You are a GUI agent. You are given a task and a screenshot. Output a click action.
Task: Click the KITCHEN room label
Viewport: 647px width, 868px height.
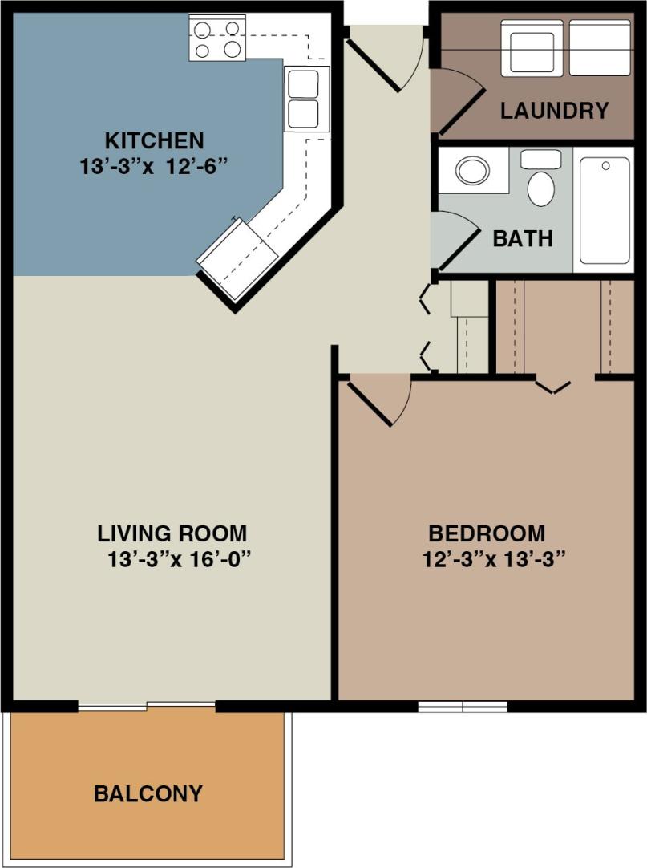pyautogui.click(x=156, y=141)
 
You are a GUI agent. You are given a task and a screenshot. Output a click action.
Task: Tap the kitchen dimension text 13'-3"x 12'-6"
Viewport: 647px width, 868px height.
pyautogui.click(x=156, y=166)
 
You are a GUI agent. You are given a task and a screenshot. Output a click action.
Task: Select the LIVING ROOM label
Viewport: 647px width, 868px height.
pyautogui.click(x=172, y=533)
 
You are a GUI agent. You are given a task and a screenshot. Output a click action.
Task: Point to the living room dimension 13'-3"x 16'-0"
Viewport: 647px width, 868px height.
pyautogui.click(x=180, y=559)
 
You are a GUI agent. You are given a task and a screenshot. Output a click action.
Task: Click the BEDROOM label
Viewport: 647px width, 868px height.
pyautogui.click(x=487, y=533)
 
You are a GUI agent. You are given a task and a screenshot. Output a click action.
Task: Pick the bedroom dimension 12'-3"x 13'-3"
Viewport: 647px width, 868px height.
pyautogui.click(x=489, y=559)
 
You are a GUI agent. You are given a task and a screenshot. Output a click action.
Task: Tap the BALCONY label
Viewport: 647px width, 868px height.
pyautogui.click(x=148, y=794)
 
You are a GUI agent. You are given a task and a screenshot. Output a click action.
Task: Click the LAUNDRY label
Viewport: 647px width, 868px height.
pyautogui.click(x=555, y=111)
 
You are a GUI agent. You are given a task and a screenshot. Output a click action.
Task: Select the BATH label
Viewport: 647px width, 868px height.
pyautogui.click(x=523, y=238)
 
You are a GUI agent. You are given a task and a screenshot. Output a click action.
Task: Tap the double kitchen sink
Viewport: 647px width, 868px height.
pyautogui.click(x=306, y=98)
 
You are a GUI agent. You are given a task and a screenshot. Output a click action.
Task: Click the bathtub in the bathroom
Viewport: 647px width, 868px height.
pyautogui.click(x=605, y=210)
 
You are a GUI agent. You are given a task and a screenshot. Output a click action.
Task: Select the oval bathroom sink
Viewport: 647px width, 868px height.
pyautogui.click(x=473, y=170)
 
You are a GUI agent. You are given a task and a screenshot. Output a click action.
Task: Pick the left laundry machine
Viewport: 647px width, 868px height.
pyautogui.click(x=532, y=47)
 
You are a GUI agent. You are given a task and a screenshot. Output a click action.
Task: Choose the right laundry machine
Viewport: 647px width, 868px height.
pyautogui.click(x=600, y=47)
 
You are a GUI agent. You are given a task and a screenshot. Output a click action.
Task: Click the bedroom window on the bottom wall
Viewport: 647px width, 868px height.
pyautogui.click(x=463, y=707)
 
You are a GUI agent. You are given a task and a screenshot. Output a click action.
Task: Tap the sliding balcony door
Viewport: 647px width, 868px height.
pyautogui.click(x=147, y=706)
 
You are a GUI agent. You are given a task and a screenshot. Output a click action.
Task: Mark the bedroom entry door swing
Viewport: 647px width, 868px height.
pyautogui.click(x=377, y=399)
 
